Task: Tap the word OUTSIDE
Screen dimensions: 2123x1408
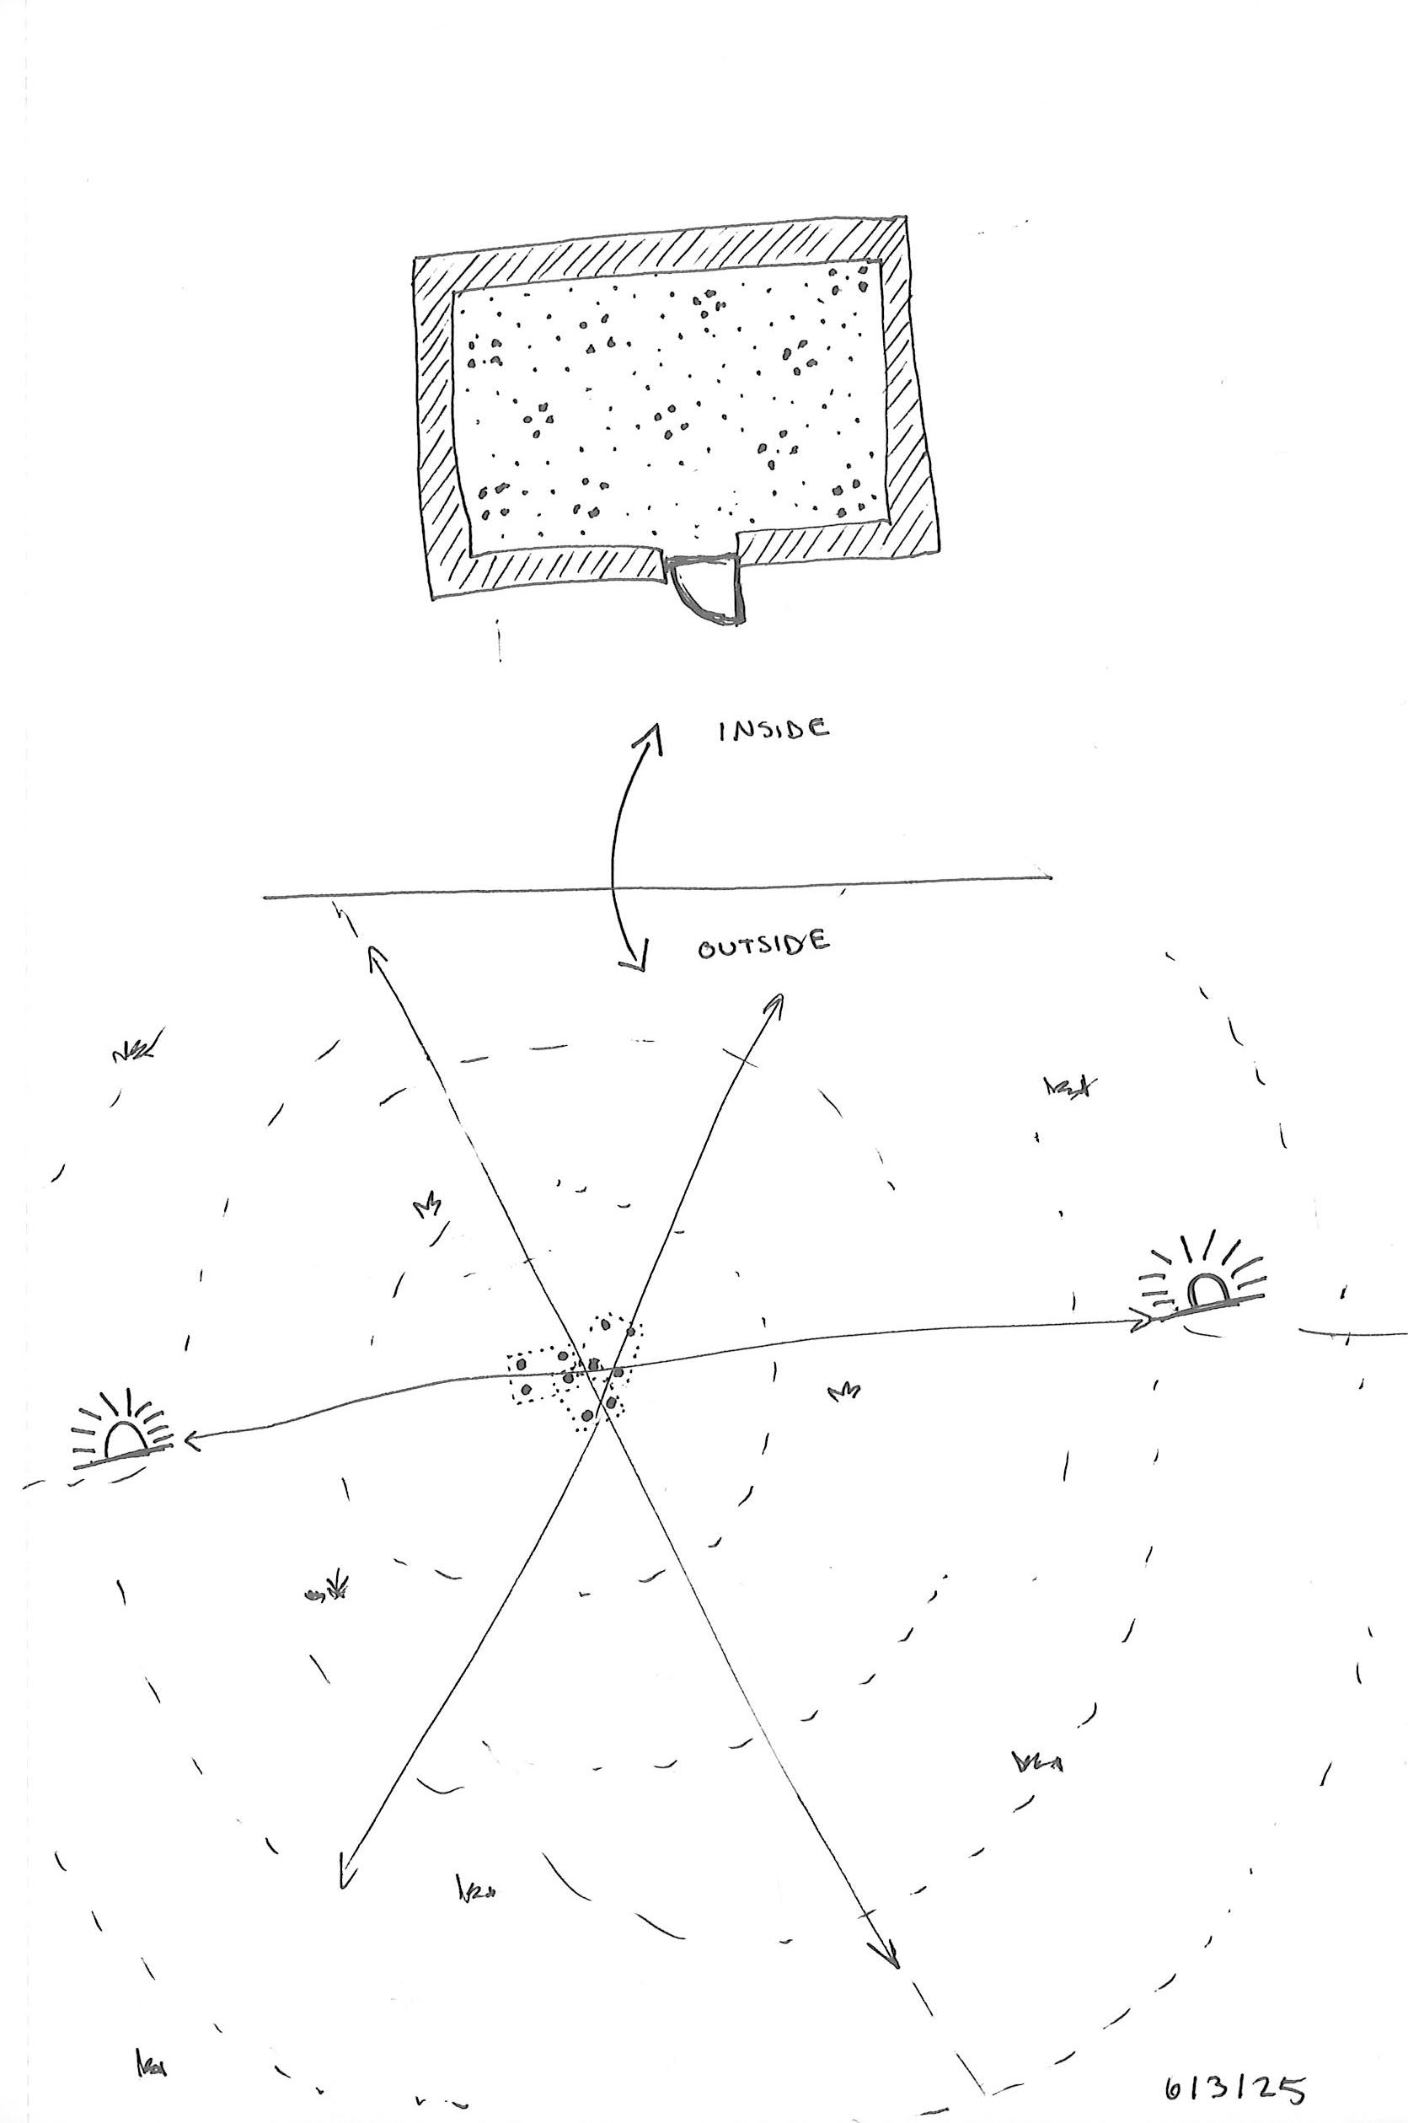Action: click(x=763, y=944)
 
